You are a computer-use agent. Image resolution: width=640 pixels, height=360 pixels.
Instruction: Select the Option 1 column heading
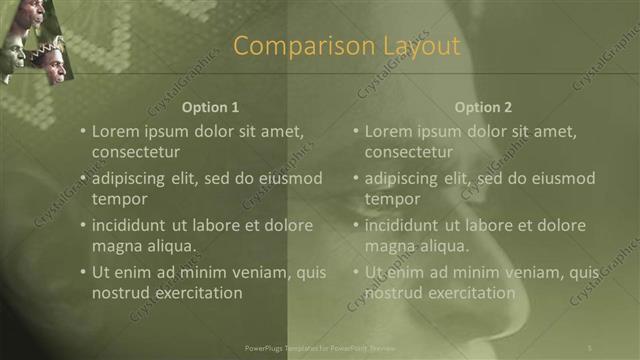(211, 107)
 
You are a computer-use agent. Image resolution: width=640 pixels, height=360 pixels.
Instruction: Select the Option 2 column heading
(483, 107)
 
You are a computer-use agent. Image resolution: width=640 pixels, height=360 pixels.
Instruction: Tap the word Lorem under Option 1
(115, 131)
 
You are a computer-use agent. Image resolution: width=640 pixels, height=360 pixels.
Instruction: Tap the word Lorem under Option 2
(388, 131)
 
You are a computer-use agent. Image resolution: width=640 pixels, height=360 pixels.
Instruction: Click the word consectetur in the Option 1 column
(136, 152)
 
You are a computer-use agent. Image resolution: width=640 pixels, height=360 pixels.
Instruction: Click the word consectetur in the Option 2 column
(409, 152)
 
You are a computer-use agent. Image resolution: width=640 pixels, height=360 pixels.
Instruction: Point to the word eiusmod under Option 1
(288, 179)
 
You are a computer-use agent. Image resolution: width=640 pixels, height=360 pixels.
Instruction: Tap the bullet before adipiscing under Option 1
(82, 179)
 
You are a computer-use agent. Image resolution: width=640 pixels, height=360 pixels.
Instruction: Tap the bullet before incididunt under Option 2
(355, 226)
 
